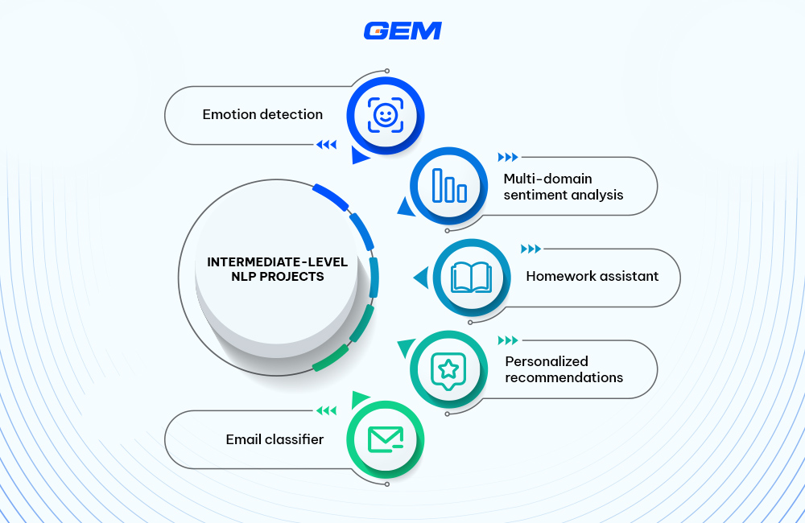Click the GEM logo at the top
[x=402, y=31]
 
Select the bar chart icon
[x=449, y=186]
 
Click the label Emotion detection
[x=262, y=114]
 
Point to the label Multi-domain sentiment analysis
[x=563, y=186]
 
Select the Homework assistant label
[x=592, y=276]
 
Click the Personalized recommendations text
[x=563, y=369]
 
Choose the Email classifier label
[x=275, y=439]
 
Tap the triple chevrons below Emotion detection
[x=326, y=145]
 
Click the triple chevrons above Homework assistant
[x=530, y=249]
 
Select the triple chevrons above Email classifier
[x=326, y=411]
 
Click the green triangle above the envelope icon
[x=359, y=398]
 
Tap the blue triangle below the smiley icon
[x=359, y=158]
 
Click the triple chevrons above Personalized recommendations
[x=508, y=340]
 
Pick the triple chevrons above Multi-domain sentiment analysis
[x=508, y=157]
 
